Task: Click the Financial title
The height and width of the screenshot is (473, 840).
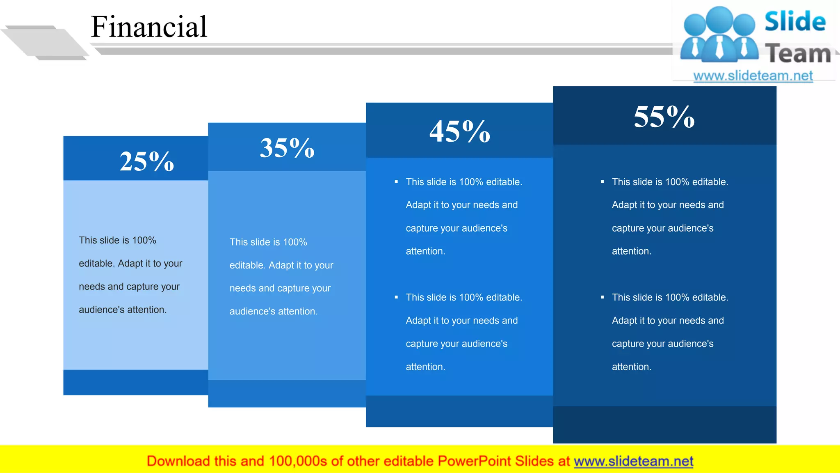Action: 149,27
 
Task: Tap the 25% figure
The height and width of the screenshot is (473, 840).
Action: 147,161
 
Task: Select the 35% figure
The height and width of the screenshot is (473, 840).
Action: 287,148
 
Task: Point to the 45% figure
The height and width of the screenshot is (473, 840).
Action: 460,131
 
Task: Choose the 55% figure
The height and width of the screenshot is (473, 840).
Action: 664,117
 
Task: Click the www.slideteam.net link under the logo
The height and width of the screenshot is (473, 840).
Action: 753,76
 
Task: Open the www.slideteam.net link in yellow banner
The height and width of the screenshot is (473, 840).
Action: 633,461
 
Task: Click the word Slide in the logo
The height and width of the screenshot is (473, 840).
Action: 795,21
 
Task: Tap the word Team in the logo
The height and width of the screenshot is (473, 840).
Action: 798,54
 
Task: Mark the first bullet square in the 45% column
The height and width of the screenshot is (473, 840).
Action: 396,181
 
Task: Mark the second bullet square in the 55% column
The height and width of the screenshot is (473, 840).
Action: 602,297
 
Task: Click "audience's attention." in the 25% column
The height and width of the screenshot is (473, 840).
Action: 123,310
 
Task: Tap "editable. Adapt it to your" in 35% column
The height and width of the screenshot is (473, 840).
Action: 281,265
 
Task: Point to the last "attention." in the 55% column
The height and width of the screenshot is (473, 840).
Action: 631,367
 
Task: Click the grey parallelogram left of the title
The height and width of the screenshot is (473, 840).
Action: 45,42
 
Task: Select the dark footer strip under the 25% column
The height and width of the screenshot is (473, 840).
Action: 135,382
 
